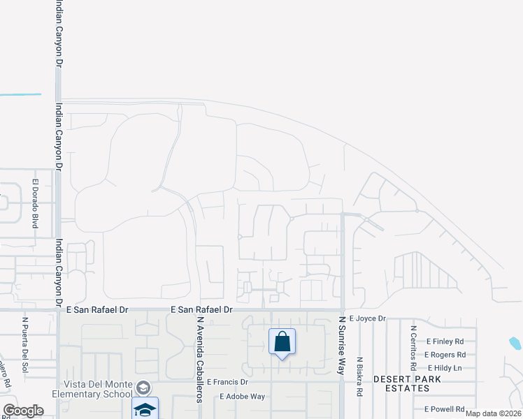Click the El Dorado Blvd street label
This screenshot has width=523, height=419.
coord(35,204)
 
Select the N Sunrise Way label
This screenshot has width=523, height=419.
coord(342,345)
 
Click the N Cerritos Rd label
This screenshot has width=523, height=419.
coord(414,348)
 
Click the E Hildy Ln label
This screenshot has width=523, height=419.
coord(445,368)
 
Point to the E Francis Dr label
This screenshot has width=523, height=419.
coord(226,383)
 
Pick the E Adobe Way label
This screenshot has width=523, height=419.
coord(242,396)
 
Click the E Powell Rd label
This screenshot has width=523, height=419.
coord(445,409)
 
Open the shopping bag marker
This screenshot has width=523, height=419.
coord(282,342)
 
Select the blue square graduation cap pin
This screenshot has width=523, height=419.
coord(145,409)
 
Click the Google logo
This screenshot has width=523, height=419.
coord(23,411)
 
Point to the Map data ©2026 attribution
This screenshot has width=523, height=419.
coord(493,413)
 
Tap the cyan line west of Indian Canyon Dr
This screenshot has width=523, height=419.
coord(20,94)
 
